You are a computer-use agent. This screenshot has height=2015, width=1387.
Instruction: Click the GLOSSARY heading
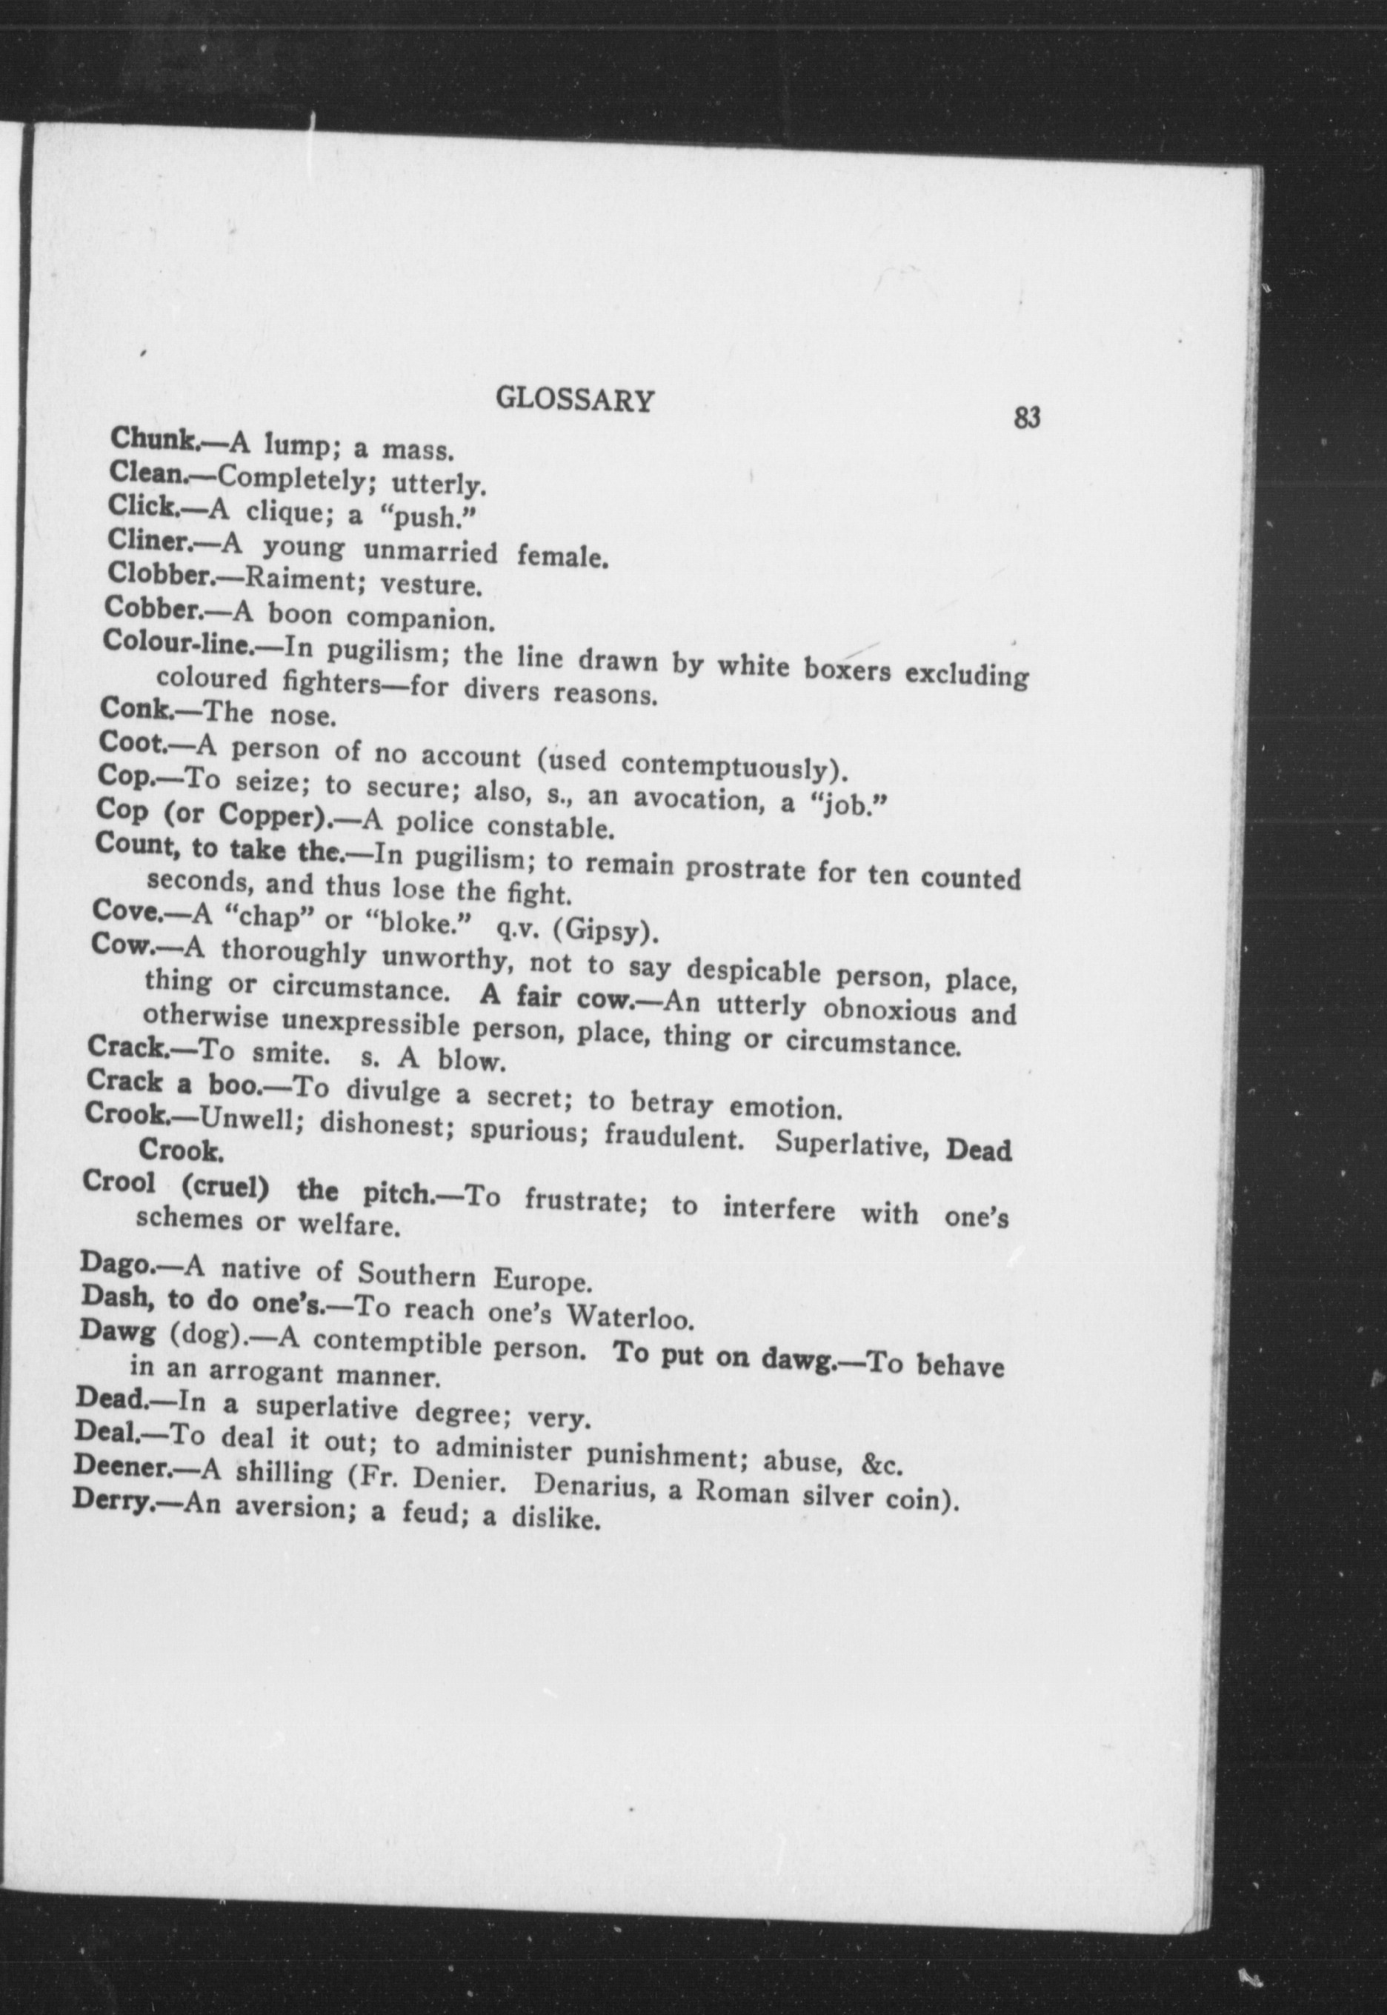point(573,401)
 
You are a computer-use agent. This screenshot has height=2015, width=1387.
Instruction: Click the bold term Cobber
point(152,607)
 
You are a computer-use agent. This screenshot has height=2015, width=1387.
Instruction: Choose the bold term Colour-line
point(177,642)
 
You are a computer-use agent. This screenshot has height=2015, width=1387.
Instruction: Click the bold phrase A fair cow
point(558,998)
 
